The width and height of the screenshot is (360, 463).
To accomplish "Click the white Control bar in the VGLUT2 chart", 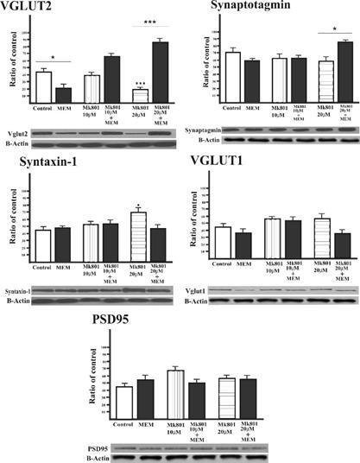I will (x=42, y=86).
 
